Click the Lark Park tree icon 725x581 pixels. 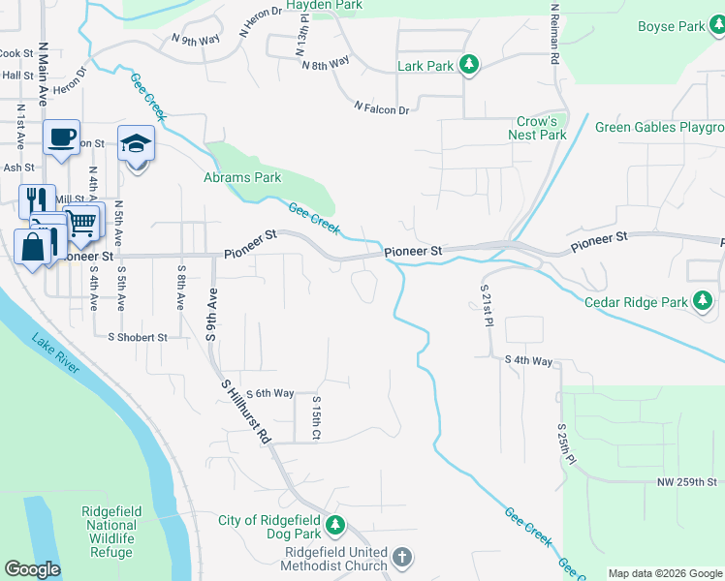pyautogui.click(x=469, y=66)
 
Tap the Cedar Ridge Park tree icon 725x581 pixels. pyautogui.click(x=703, y=301)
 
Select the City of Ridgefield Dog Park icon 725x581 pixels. pyautogui.click(x=335, y=526)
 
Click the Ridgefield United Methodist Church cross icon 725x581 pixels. pyautogui.click(x=402, y=557)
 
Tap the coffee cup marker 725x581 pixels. pyautogui.click(x=61, y=138)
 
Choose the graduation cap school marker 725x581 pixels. pyautogui.click(x=136, y=145)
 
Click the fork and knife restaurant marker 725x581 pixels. pyautogui.click(x=37, y=200)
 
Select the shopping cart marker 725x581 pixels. pyautogui.click(x=82, y=222)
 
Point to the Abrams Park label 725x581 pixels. pyautogui.click(x=242, y=177)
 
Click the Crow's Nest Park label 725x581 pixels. pyautogui.click(x=538, y=128)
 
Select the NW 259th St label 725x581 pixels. pyautogui.click(x=684, y=482)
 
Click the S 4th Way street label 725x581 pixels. pyautogui.click(x=527, y=360)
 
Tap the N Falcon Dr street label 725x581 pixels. pyautogui.click(x=381, y=109)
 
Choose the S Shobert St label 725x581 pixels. pyautogui.click(x=138, y=338)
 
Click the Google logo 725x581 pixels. pyautogui.click(x=32, y=569)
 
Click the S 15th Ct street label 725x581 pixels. pyautogui.click(x=315, y=418)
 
